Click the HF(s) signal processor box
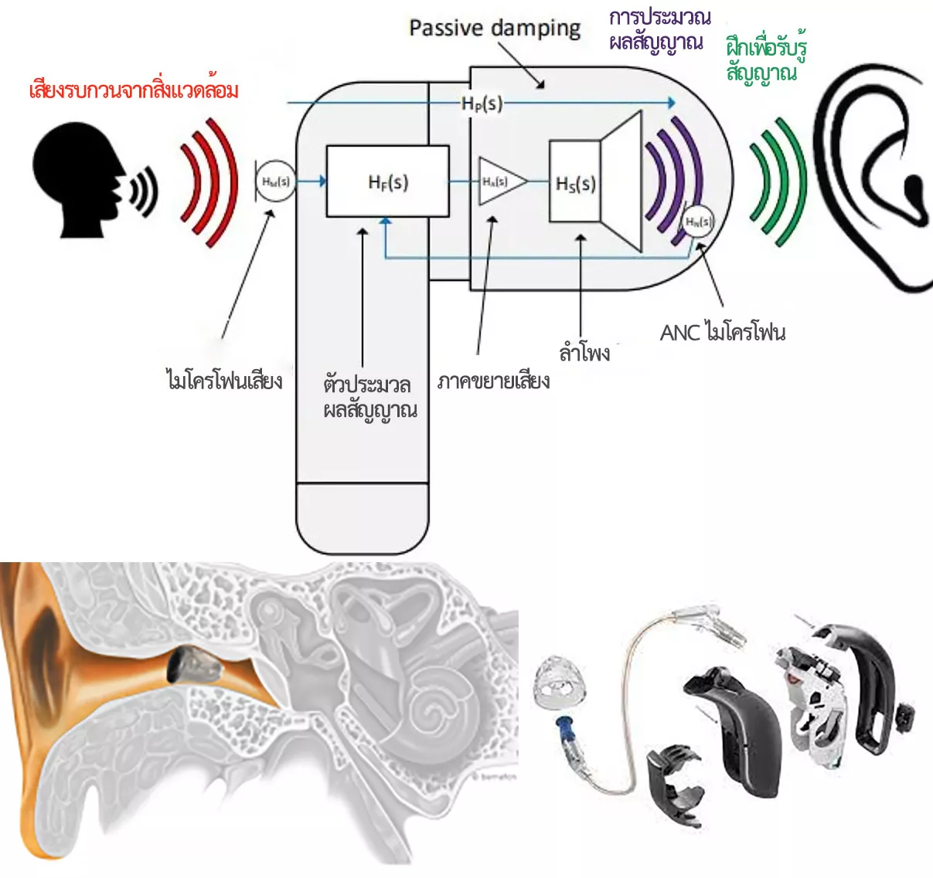387,181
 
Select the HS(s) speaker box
575,183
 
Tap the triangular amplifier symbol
499,181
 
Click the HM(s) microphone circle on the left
275,182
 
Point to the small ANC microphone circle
697,222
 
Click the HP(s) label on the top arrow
481,103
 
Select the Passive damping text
495,29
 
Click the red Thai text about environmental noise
134,90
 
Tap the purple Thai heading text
659,29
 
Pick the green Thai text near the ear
765,59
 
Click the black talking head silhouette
81,178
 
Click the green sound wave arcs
777,182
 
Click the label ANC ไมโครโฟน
722,333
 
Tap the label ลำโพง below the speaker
584,353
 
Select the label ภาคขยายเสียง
493,381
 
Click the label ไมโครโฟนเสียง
224,380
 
